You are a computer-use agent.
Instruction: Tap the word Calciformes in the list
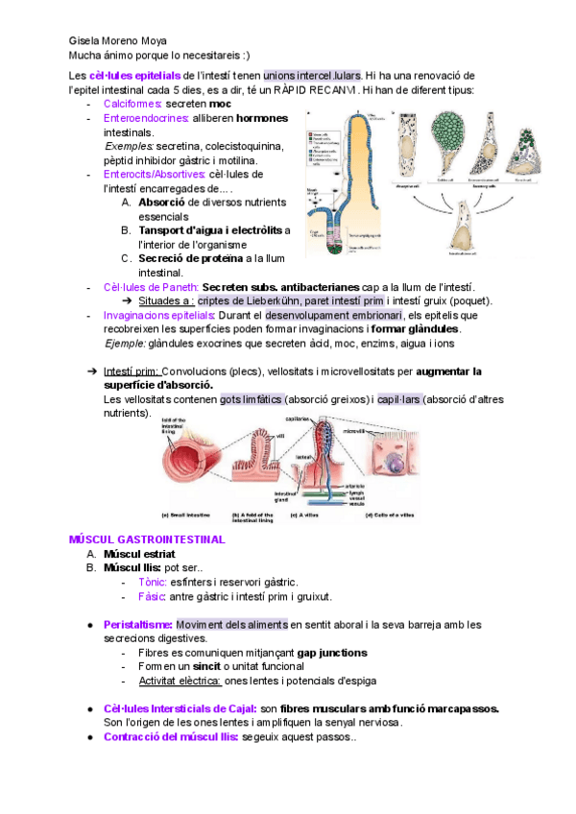[132, 103]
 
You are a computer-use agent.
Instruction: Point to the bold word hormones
[261, 118]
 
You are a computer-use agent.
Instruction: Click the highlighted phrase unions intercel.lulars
[299, 75]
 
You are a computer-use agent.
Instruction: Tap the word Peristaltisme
[138, 626]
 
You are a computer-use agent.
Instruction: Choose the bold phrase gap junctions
[332, 653]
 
